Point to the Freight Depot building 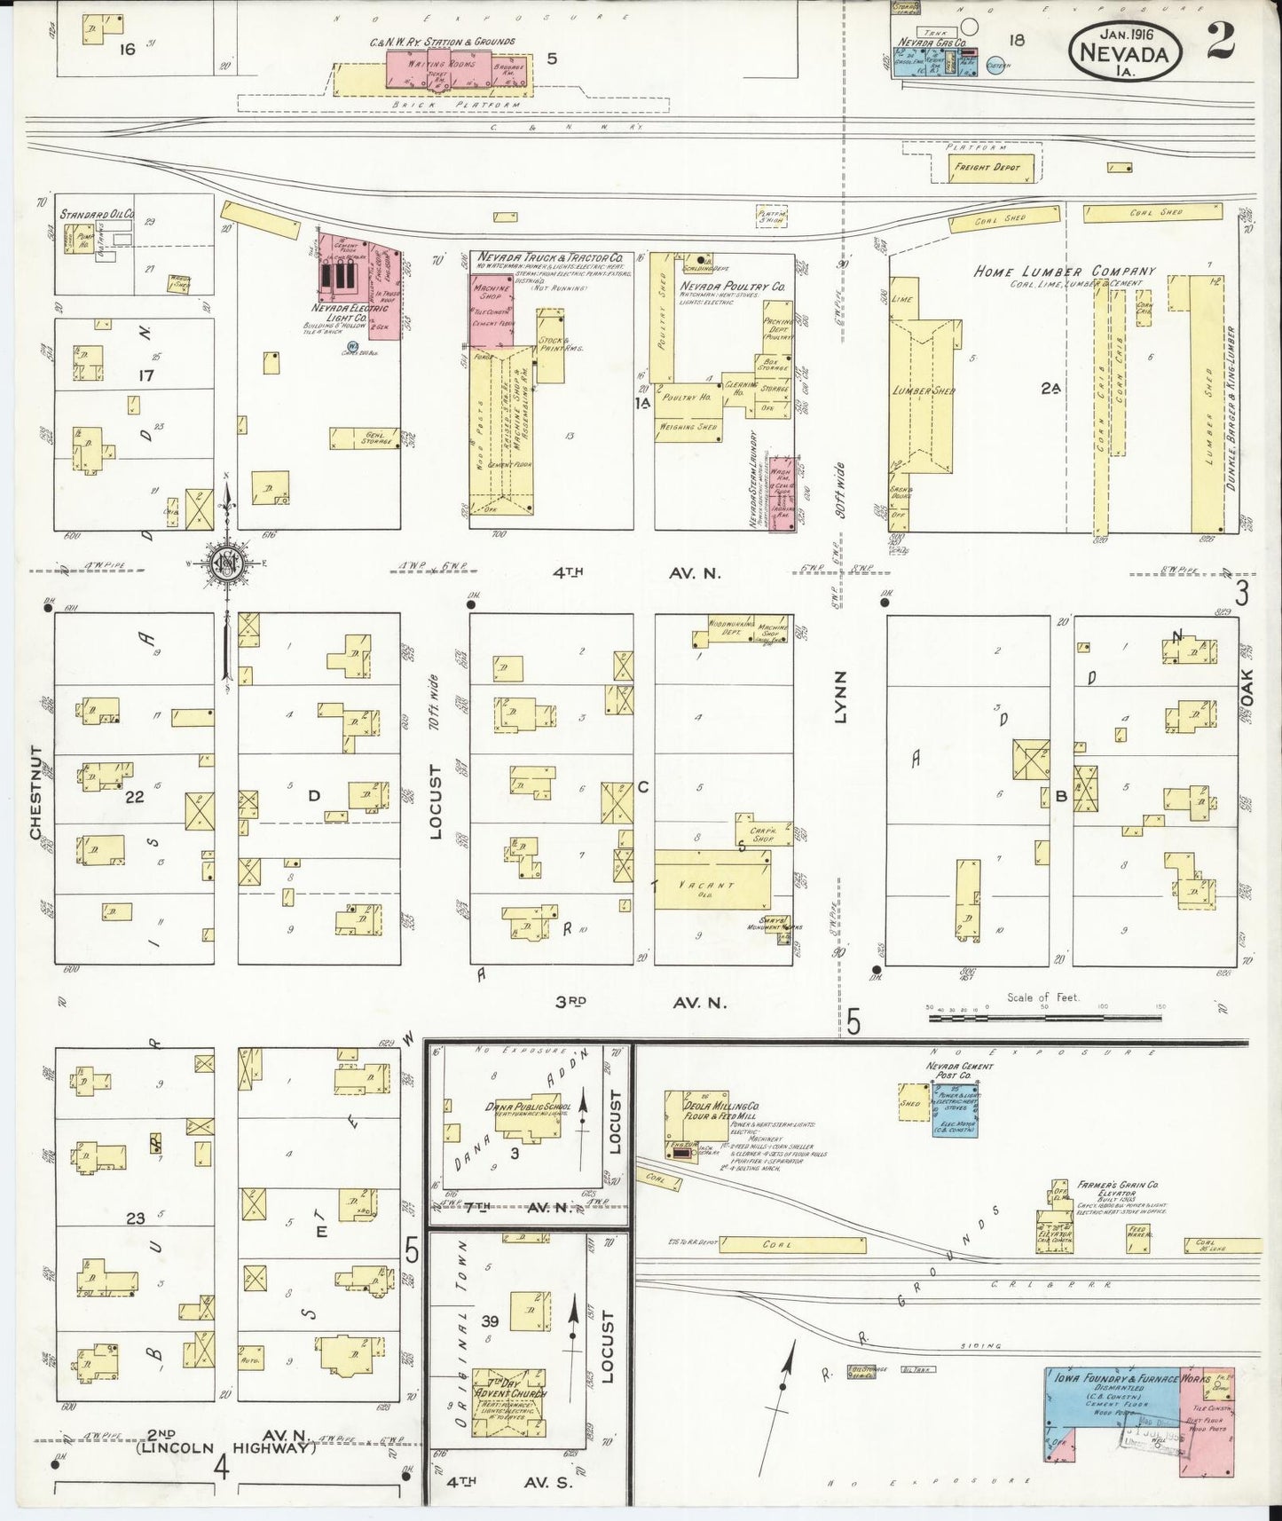click(x=987, y=167)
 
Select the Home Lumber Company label click(x=1065, y=272)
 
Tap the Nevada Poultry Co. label click(x=732, y=288)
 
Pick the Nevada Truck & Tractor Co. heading click(x=550, y=256)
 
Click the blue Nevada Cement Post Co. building click(x=955, y=1109)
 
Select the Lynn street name click(x=839, y=697)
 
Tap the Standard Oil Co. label click(x=97, y=214)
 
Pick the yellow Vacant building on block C click(x=712, y=879)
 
